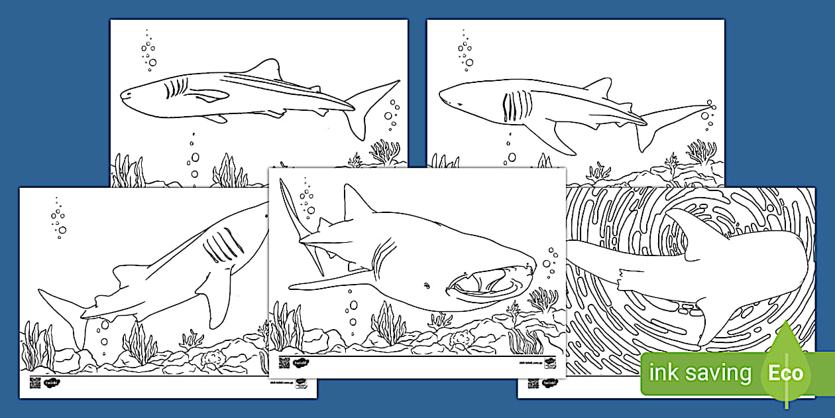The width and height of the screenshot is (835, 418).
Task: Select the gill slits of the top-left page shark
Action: pos(176,88)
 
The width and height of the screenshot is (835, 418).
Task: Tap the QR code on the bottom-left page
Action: pos(34,382)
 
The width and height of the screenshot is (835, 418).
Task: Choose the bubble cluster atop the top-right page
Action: pos(465,50)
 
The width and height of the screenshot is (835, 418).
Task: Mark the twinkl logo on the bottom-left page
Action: pos(52,382)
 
